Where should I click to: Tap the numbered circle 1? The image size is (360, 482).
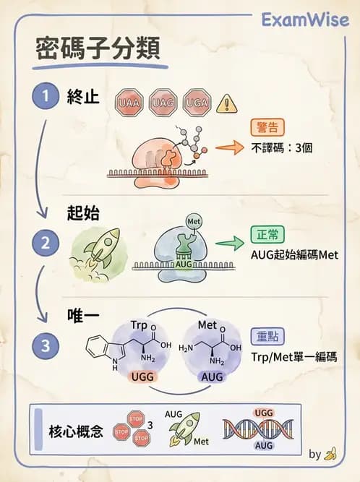click(x=45, y=96)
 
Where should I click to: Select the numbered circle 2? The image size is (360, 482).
click(x=45, y=244)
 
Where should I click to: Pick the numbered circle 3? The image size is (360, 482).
click(x=45, y=346)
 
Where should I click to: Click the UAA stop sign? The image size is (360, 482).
click(x=130, y=103)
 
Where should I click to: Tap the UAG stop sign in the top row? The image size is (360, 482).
click(x=163, y=103)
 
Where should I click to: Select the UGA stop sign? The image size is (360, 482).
click(x=197, y=103)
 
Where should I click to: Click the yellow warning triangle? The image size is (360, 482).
click(x=228, y=103)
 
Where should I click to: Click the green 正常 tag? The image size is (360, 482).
click(x=266, y=235)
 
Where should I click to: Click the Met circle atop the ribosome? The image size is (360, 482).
click(x=193, y=220)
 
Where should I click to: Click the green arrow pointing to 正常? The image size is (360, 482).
click(x=229, y=244)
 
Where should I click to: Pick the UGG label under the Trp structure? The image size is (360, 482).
click(x=141, y=378)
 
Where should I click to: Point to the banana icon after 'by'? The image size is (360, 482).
click(x=331, y=455)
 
